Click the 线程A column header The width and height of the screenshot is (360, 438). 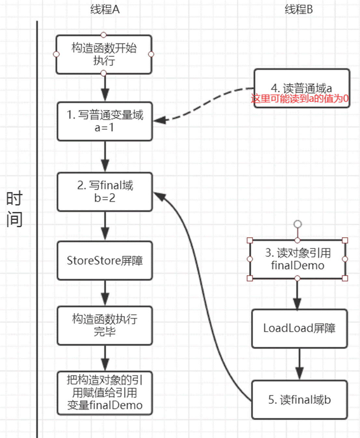105,9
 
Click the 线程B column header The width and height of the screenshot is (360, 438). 298,9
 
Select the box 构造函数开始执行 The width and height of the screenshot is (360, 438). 104,54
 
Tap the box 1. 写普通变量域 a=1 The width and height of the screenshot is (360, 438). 105,121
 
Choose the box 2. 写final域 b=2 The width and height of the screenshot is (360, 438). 105,192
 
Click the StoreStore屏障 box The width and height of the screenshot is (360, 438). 105,261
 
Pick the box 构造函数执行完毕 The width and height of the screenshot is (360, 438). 105,326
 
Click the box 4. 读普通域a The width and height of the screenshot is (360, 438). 302,88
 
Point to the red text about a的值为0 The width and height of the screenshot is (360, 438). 299,98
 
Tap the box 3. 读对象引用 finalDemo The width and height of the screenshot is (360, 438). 297,260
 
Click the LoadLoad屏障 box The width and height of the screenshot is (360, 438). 299,329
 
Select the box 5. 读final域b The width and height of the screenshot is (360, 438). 299,400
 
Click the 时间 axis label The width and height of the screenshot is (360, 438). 14,209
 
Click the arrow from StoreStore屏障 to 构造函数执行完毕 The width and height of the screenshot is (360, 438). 105,293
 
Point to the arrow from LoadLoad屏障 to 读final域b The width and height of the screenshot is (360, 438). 299,364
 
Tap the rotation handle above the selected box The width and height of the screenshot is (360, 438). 298,224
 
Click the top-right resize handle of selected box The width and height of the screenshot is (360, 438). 345,240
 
